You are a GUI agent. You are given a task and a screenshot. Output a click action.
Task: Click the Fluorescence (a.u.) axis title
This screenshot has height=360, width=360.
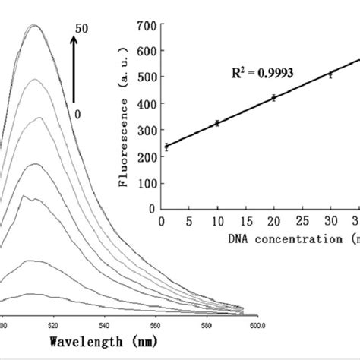(x=122, y=116)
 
